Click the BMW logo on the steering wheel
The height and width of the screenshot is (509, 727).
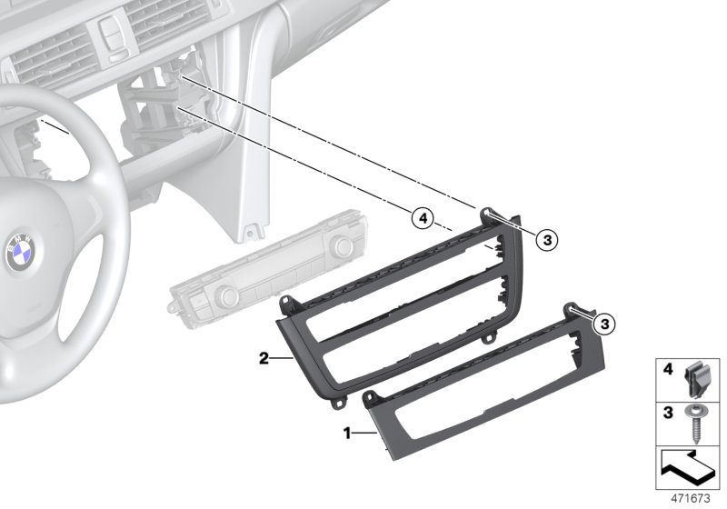coord(21,252)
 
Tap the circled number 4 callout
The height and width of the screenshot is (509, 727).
coord(423,218)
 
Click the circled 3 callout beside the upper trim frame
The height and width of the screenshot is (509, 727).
coord(547,240)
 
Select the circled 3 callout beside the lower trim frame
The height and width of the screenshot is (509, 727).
coord(604,324)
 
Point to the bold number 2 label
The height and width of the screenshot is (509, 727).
coord(264,358)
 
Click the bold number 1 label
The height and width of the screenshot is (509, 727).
coord(347,434)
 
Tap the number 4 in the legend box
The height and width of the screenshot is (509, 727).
coord(668,369)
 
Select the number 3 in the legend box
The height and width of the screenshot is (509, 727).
coord(668,412)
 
